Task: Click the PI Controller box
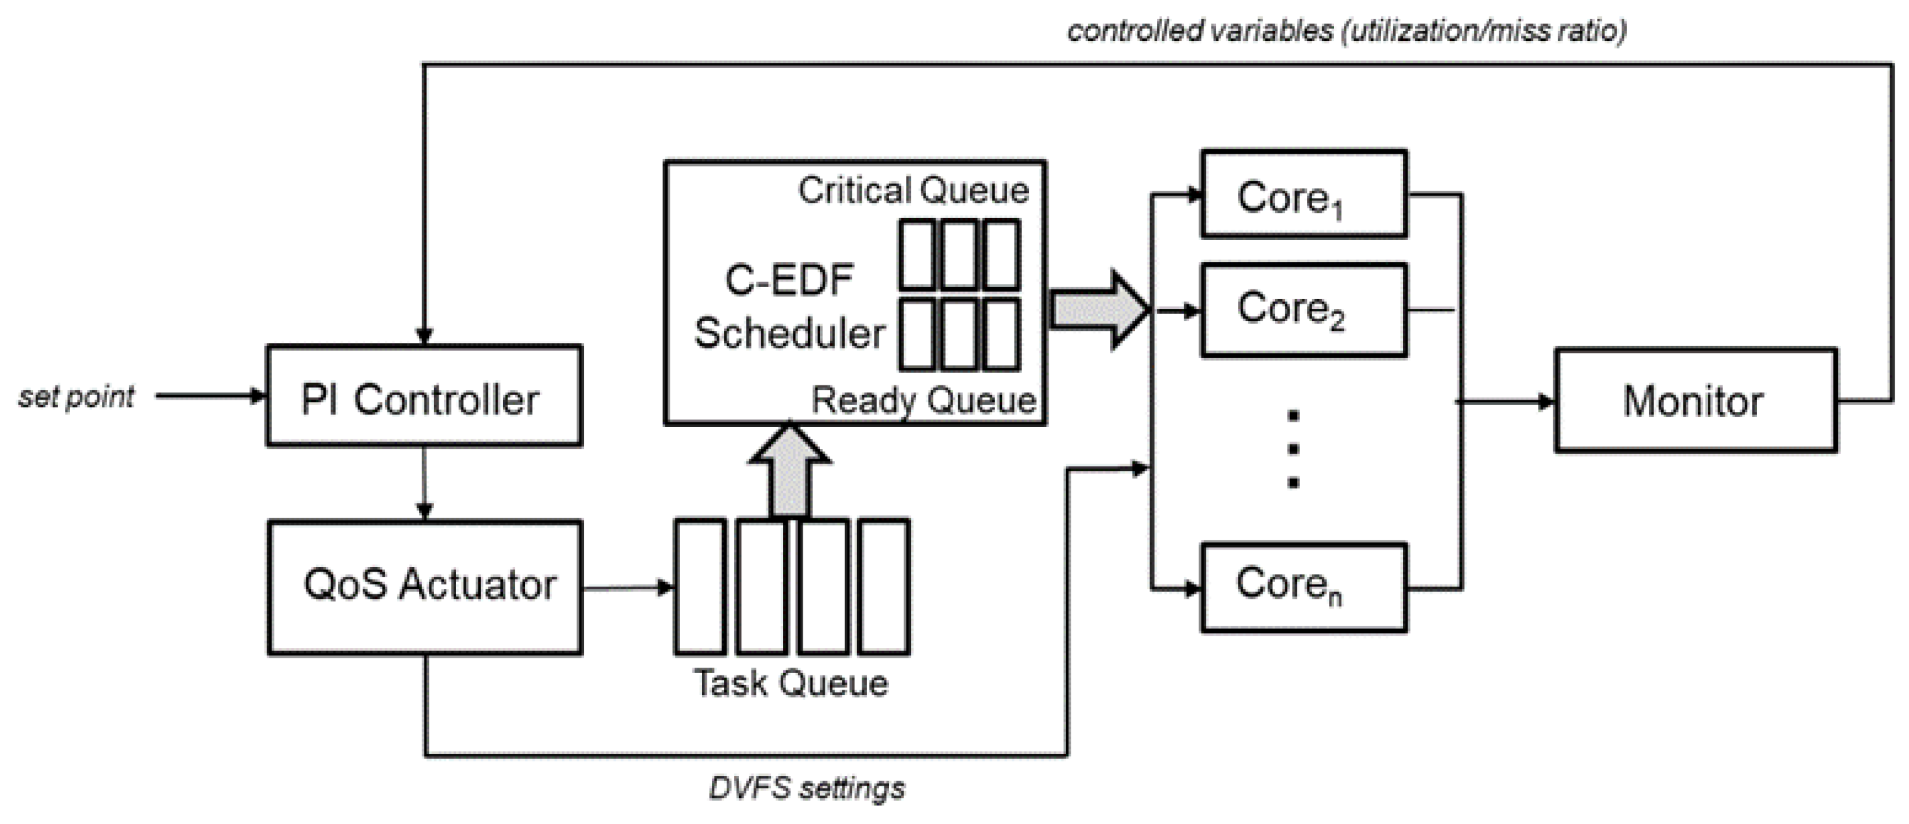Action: click(x=424, y=396)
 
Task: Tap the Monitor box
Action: click(x=1695, y=400)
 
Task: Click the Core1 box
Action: click(x=1304, y=194)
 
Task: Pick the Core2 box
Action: click(x=1304, y=309)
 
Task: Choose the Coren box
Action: click(x=1304, y=587)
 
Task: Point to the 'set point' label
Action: click(x=77, y=396)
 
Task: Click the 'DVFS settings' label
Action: click(x=807, y=787)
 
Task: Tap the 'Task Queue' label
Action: click(x=791, y=683)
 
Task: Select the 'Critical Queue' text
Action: click(x=913, y=191)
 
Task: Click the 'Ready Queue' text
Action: click(x=923, y=400)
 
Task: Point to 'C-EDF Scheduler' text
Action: click(x=790, y=307)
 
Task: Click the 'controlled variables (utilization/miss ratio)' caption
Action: click(x=1346, y=30)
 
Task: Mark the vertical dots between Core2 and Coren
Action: click(x=1293, y=450)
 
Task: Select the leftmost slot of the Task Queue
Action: click(x=700, y=587)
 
